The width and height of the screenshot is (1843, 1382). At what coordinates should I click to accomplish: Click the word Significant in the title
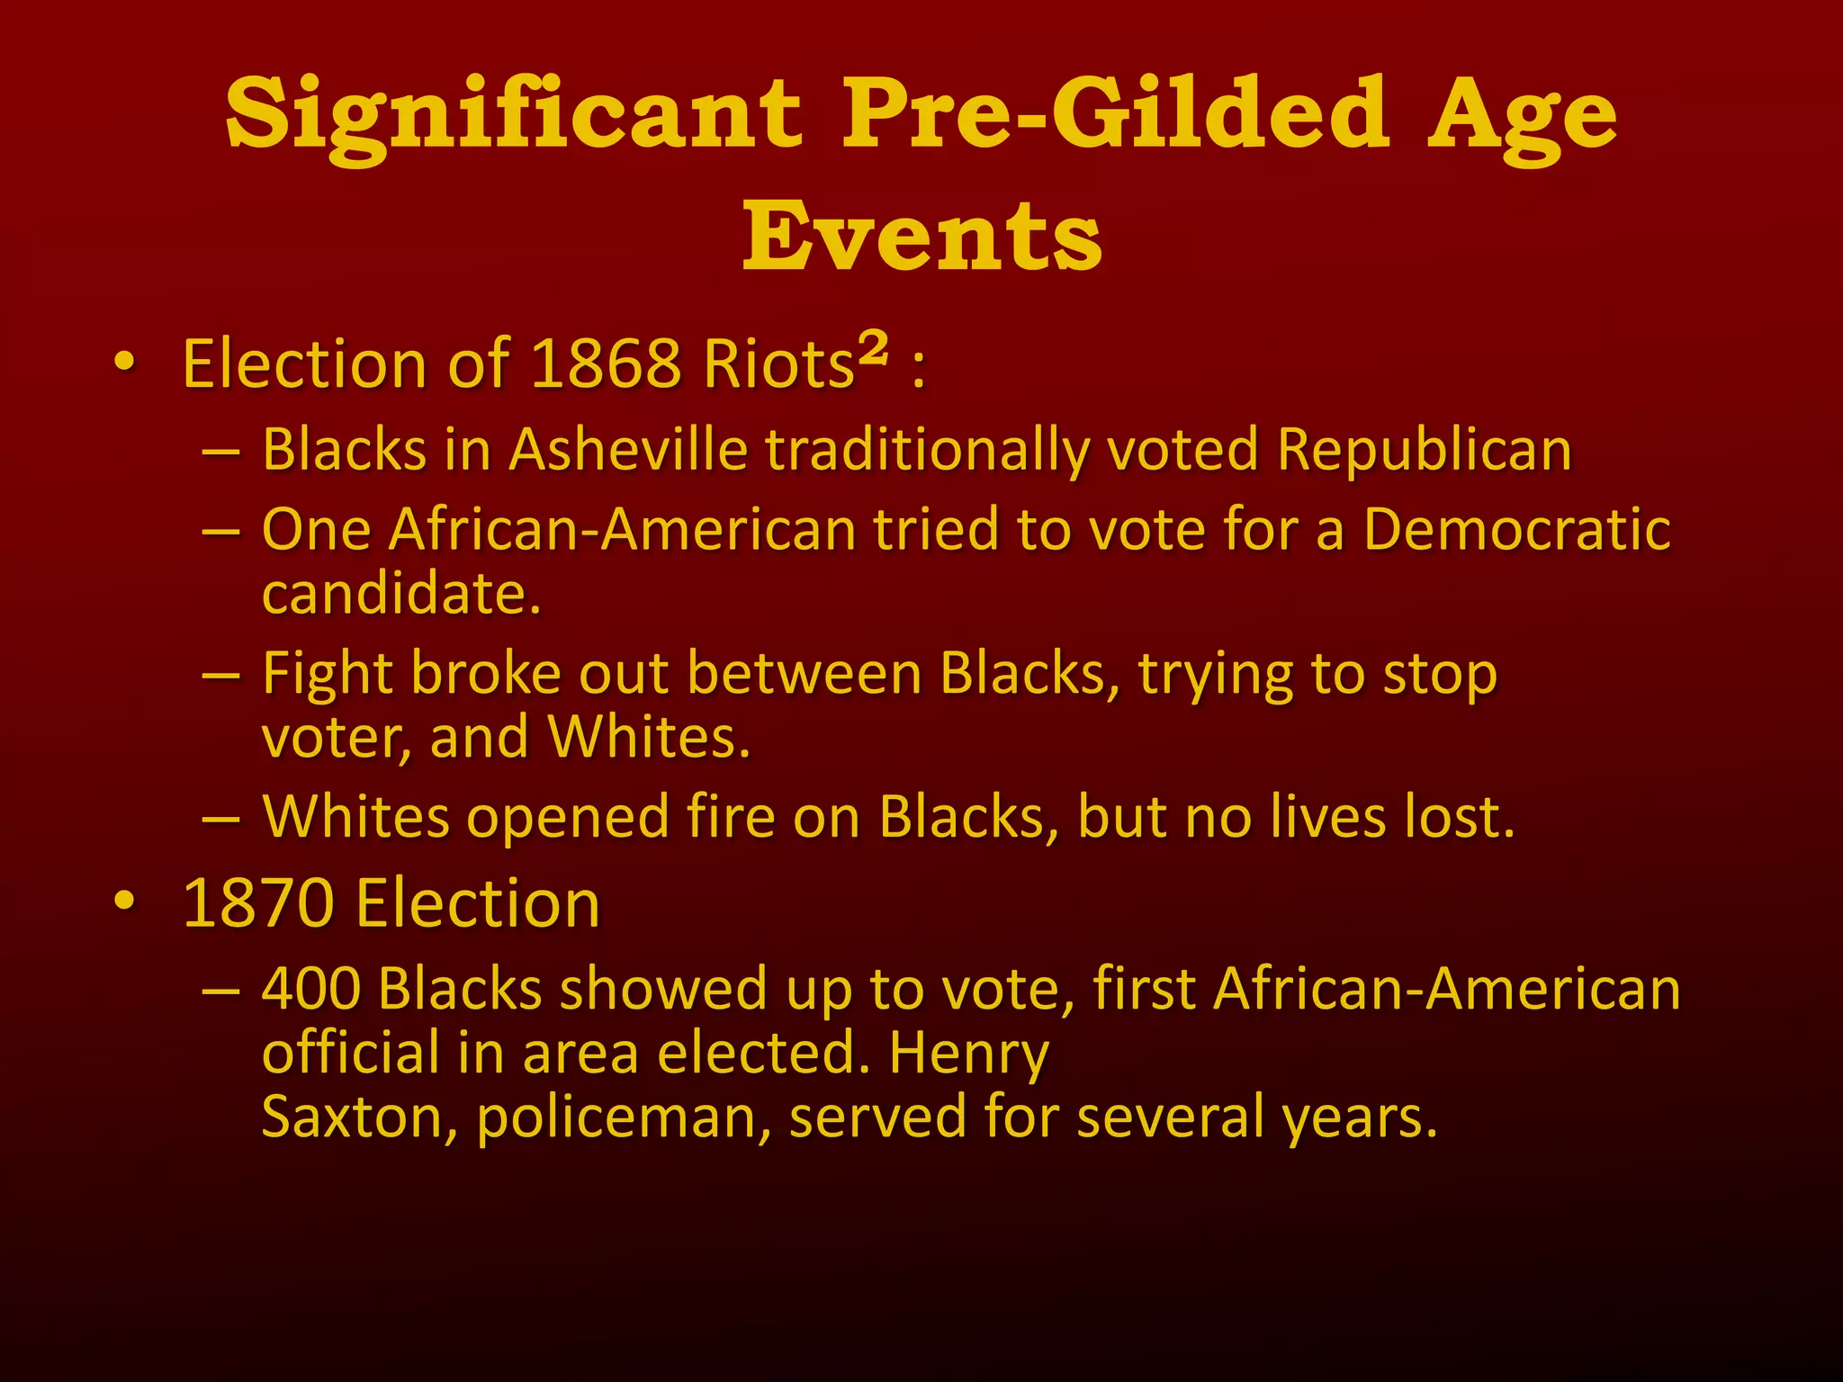click(512, 117)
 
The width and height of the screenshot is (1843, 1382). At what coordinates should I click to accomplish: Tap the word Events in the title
click(921, 236)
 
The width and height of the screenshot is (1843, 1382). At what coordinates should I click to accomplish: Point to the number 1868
click(606, 364)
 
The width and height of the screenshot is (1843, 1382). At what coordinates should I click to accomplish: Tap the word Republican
click(1424, 449)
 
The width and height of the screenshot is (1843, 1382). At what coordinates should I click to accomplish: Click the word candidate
click(401, 594)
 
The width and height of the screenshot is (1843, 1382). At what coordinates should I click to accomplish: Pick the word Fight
click(328, 674)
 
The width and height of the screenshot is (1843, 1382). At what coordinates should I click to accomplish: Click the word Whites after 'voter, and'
click(649, 737)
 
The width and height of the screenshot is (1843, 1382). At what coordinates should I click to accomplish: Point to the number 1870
click(257, 903)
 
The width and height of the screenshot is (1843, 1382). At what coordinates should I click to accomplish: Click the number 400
click(311, 989)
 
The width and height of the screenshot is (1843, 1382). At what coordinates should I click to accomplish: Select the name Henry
click(969, 1054)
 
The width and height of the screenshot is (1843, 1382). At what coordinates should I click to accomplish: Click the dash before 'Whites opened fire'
click(221, 819)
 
